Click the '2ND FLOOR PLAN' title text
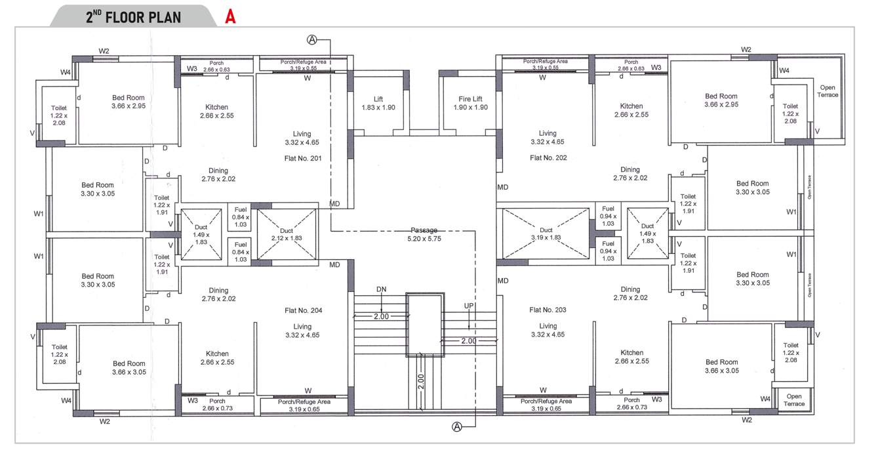(x=133, y=16)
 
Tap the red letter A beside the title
(x=230, y=16)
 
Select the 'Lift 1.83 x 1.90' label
(x=378, y=103)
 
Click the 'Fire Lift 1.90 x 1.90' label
(x=470, y=103)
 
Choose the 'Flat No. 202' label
(x=547, y=157)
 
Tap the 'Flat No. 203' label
(x=547, y=310)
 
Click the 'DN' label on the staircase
(x=382, y=289)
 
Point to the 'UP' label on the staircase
(x=469, y=306)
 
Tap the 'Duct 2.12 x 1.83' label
(x=287, y=235)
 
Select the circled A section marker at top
(x=312, y=40)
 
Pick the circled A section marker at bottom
(x=457, y=427)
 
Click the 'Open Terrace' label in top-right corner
(x=829, y=91)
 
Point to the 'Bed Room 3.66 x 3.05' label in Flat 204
(x=129, y=368)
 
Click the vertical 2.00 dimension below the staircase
(x=420, y=380)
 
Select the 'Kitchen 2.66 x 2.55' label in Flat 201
(x=217, y=111)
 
